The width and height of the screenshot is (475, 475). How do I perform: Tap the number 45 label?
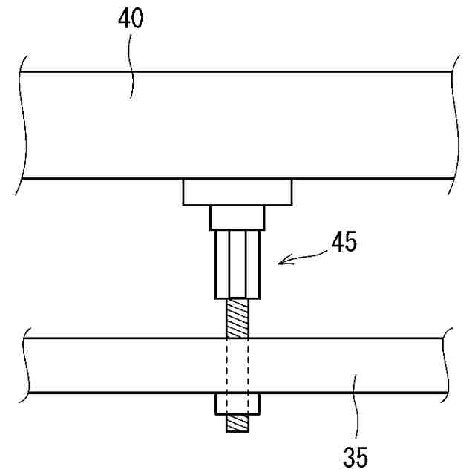pos(342,243)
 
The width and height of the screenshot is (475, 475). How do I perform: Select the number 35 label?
pos(356,454)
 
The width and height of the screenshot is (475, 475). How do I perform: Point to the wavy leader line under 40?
pos(131,71)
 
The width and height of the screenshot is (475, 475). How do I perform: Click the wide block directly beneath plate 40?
pos(237,191)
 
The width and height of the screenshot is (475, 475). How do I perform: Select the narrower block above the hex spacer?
pos(237,217)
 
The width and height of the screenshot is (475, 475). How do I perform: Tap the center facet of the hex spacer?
pos(237,263)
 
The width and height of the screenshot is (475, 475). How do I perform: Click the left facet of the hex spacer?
pos(222,263)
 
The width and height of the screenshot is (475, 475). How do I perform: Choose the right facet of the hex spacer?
pos(252,263)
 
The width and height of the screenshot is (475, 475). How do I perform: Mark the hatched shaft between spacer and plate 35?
pos(237,318)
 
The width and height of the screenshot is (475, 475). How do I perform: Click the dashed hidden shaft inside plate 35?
pos(237,365)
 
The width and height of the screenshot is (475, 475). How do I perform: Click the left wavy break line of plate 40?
pos(23,126)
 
